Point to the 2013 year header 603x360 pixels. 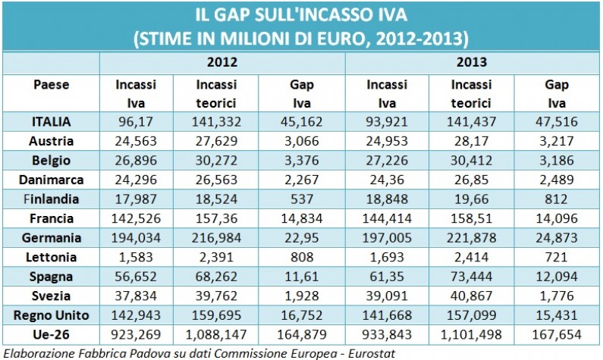pos(472,61)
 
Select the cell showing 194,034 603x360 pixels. pos(137,237)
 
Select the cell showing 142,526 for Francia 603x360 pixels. pos(137,218)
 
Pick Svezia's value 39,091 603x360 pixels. pos(387,296)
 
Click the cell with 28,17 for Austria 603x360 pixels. pos(471,140)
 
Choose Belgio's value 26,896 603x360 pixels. pos(137,160)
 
